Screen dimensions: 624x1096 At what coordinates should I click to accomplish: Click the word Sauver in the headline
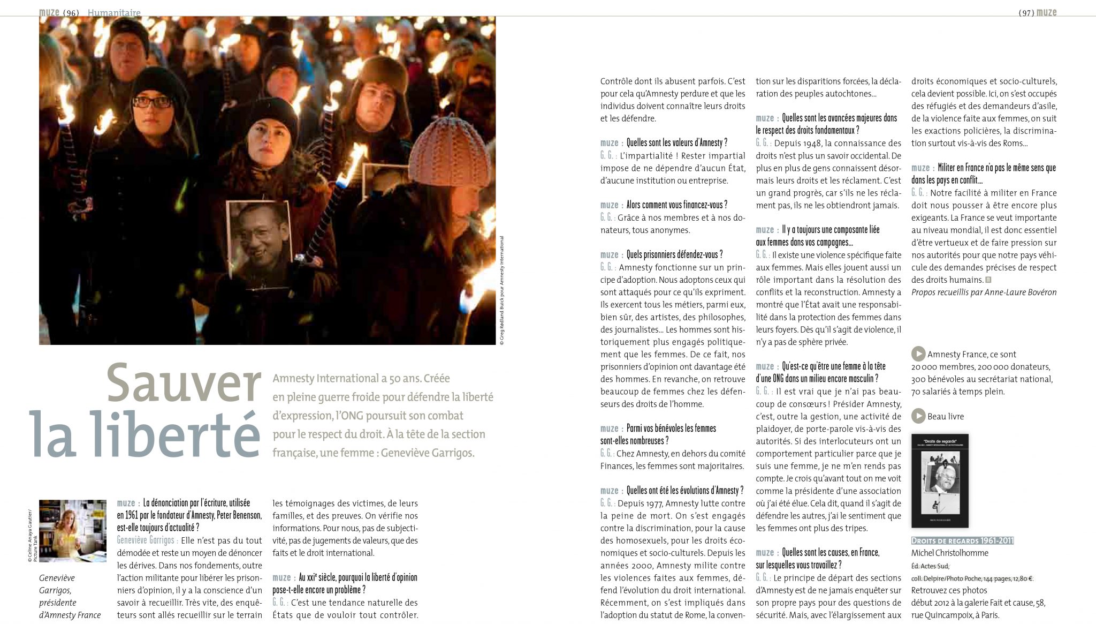point(183,383)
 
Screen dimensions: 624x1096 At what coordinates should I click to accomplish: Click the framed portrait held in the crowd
point(258,235)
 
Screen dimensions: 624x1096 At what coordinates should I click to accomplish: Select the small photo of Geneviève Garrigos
point(73,530)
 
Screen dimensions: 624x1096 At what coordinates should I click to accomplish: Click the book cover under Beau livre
point(939,480)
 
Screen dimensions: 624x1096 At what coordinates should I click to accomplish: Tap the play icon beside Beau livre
point(918,416)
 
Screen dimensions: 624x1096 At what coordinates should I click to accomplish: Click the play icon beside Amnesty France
point(918,354)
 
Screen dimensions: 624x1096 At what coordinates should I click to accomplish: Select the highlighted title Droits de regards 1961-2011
point(962,540)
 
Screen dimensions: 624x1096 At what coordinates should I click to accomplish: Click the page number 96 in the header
point(71,12)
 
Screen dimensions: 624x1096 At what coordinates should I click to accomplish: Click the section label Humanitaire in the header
point(114,12)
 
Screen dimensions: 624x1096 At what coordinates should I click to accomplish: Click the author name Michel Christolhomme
point(949,553)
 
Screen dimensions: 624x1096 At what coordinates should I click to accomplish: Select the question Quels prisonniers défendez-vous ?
point(674,254)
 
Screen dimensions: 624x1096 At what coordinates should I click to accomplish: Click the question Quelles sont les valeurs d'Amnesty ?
point(676,142)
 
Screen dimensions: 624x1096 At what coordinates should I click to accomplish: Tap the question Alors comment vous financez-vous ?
point(676,205)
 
